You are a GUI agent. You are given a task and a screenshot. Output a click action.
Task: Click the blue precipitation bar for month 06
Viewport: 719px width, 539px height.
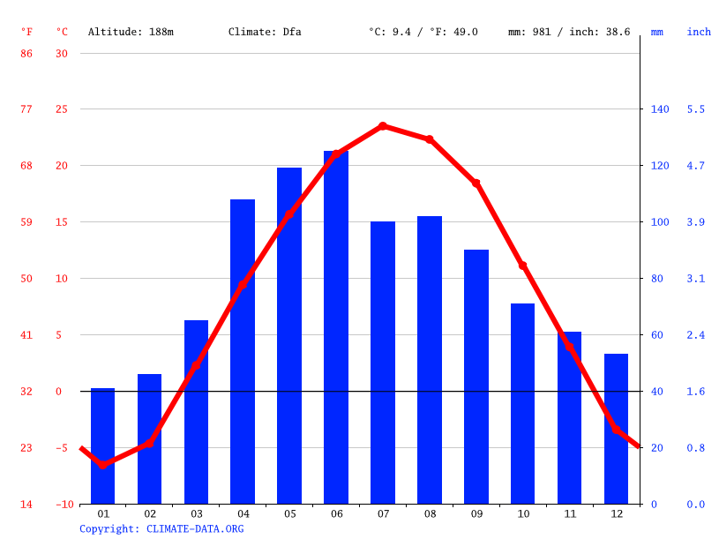[x=336, y=327]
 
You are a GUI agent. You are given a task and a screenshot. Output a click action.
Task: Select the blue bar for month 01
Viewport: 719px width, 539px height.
[x=103, y=445]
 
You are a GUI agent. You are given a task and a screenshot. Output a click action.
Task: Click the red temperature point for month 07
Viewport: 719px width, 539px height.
[x=383, y=126]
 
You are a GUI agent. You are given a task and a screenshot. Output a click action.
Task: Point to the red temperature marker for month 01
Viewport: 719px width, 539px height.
[x=103, y=464]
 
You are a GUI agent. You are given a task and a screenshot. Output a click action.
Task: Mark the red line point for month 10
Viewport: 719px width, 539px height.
[x=522, y=266]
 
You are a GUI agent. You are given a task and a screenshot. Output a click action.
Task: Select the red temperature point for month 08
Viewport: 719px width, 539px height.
[x=430, y=139]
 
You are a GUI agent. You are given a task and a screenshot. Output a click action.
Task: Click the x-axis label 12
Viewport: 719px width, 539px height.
[x=616, y=513]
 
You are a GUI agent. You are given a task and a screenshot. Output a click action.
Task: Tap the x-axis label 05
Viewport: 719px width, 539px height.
[x=289, y=513]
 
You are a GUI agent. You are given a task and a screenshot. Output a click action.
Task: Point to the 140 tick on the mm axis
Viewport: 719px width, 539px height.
[x=660, y=109]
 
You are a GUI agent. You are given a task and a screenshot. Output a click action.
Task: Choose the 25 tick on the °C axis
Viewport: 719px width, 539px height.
[x=62, y=109]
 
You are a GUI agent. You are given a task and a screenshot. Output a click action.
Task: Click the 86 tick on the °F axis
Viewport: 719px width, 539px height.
[x=26, y=53]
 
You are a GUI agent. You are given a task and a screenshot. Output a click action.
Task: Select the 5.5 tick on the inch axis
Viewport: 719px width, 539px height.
[x=696, y=109]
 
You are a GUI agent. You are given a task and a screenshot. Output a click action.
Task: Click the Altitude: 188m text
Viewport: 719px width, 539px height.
[x=131, y=32]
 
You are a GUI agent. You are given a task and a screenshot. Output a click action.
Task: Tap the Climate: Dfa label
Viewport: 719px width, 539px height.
[x=265, y=32]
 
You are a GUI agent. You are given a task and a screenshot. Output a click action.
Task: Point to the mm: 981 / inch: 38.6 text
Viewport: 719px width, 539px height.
[x=569, y=32]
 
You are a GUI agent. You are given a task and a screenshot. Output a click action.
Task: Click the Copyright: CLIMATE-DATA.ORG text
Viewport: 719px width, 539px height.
[x=161, y=528]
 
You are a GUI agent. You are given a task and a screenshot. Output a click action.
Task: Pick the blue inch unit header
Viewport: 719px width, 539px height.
[x=699, y=32]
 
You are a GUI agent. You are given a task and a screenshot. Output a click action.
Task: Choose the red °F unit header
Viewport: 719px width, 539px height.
[x=26, y=32]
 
